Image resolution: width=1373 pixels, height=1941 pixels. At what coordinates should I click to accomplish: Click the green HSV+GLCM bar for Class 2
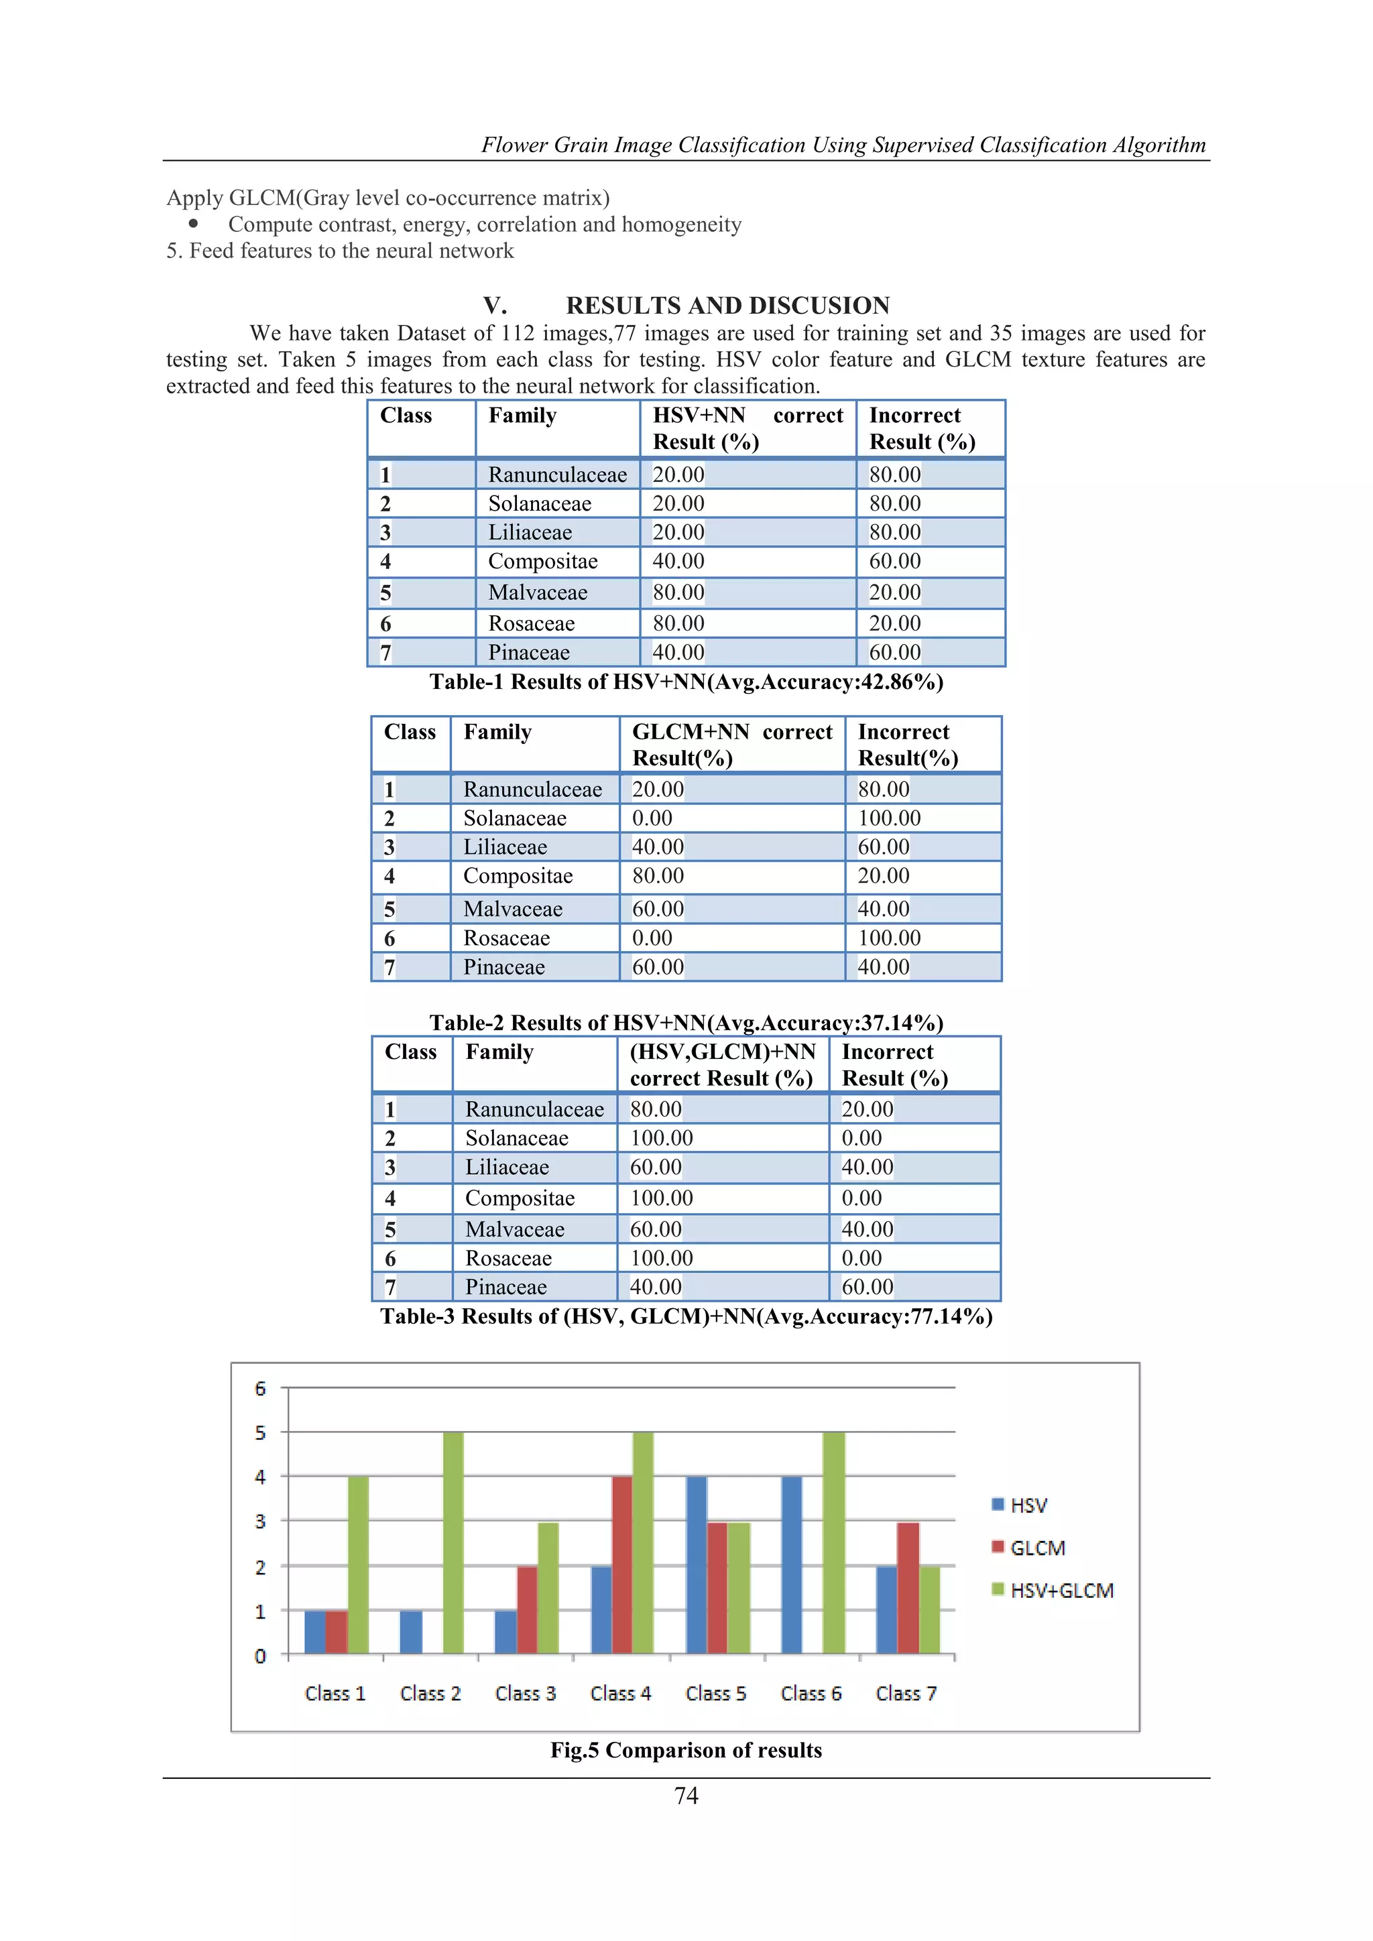coord(453,1542)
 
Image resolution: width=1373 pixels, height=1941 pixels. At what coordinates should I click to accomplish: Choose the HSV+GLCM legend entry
coord(1053,1590)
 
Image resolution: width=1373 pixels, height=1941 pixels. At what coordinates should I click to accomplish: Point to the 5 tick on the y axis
coord(260,1433)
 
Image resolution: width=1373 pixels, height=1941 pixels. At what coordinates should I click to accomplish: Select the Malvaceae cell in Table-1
coord(538,592)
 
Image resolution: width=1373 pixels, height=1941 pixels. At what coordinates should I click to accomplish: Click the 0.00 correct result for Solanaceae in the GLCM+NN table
coord(653,818)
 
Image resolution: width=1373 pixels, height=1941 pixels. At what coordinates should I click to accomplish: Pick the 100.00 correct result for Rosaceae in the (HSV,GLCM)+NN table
coord(661,1258)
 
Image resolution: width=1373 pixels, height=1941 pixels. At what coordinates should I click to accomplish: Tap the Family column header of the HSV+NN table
coord(522,416)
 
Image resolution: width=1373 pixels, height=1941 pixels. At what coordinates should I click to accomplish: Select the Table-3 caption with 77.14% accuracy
coord(686,1316)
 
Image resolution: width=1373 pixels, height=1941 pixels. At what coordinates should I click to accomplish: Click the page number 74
coord(686,1796)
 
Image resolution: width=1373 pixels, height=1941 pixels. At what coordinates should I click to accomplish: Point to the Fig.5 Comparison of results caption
coord(686,1750)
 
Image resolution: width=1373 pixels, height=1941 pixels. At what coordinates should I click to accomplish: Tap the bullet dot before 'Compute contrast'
coord(194,224)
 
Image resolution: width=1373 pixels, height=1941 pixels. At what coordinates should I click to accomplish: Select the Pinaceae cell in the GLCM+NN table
coord(504,967)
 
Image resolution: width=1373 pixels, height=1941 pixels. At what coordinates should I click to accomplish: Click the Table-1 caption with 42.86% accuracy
coord(686,682)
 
